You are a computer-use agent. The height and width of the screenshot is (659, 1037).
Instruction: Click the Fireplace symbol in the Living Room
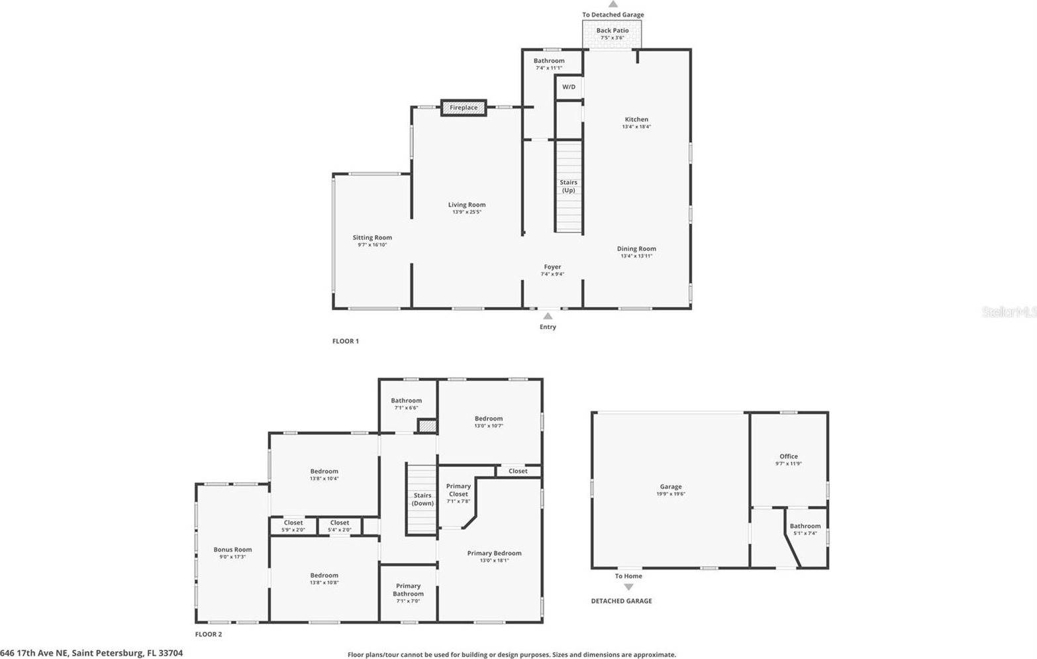464,107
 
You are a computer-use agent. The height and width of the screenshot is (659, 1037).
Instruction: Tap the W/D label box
569,87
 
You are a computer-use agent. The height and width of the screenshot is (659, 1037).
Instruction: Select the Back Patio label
613,30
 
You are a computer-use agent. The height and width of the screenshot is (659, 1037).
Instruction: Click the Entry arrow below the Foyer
548,317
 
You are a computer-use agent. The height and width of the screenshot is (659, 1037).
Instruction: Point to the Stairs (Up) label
568,186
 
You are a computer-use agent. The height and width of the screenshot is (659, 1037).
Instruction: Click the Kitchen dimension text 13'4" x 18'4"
636,127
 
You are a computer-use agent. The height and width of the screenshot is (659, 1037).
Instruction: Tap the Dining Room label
636,249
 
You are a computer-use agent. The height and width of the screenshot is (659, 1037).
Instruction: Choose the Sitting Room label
372,237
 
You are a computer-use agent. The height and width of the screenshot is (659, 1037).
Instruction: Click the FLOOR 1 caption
346,341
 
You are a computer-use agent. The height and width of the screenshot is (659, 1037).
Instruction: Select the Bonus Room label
232,549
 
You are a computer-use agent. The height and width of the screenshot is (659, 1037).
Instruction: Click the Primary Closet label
458,490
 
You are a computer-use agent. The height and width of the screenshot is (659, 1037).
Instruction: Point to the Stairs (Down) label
422,499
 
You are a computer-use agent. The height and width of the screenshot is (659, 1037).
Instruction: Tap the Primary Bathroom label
409,589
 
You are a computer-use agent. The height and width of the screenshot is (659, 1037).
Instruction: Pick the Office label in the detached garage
789,456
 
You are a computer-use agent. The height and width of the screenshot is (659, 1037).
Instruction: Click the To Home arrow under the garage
628,587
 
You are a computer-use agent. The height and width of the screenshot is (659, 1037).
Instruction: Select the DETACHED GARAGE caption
621,601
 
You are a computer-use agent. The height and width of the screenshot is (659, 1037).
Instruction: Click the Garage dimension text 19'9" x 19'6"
671,493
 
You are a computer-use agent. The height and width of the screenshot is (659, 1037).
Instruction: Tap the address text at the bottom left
91,653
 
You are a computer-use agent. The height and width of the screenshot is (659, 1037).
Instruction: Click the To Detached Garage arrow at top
613,5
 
